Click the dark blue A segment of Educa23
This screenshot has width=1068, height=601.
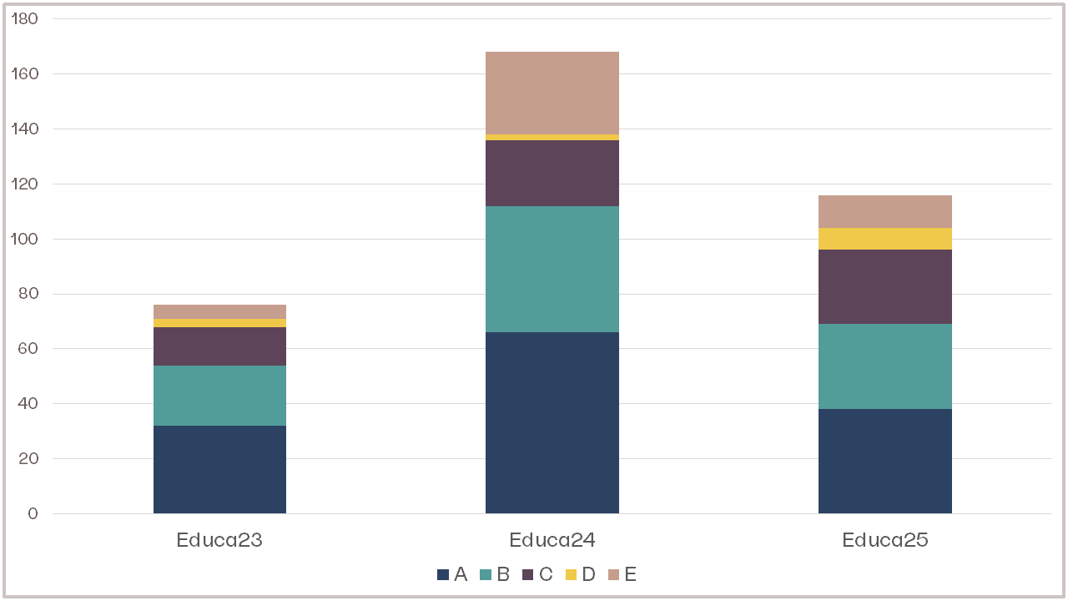219,469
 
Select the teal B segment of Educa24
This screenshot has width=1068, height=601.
552,269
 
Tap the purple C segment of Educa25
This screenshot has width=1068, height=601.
884,286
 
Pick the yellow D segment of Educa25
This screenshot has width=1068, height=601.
884,239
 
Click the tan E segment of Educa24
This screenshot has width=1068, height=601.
552,93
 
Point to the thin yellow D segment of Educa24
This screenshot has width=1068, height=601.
552,137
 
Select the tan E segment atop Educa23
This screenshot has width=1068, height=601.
219,311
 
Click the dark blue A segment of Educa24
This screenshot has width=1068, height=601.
552,422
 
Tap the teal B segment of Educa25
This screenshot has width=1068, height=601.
884,366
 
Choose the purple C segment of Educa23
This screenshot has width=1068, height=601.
219,346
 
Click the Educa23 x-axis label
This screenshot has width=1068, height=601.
219,540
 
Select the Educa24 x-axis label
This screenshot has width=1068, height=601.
552,540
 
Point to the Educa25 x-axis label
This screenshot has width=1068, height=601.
884,540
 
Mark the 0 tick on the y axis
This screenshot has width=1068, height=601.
33,513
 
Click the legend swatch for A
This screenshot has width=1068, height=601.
443,574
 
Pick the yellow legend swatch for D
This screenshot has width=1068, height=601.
571,574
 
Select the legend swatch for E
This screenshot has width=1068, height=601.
613,574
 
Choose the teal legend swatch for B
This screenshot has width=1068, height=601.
486,574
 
